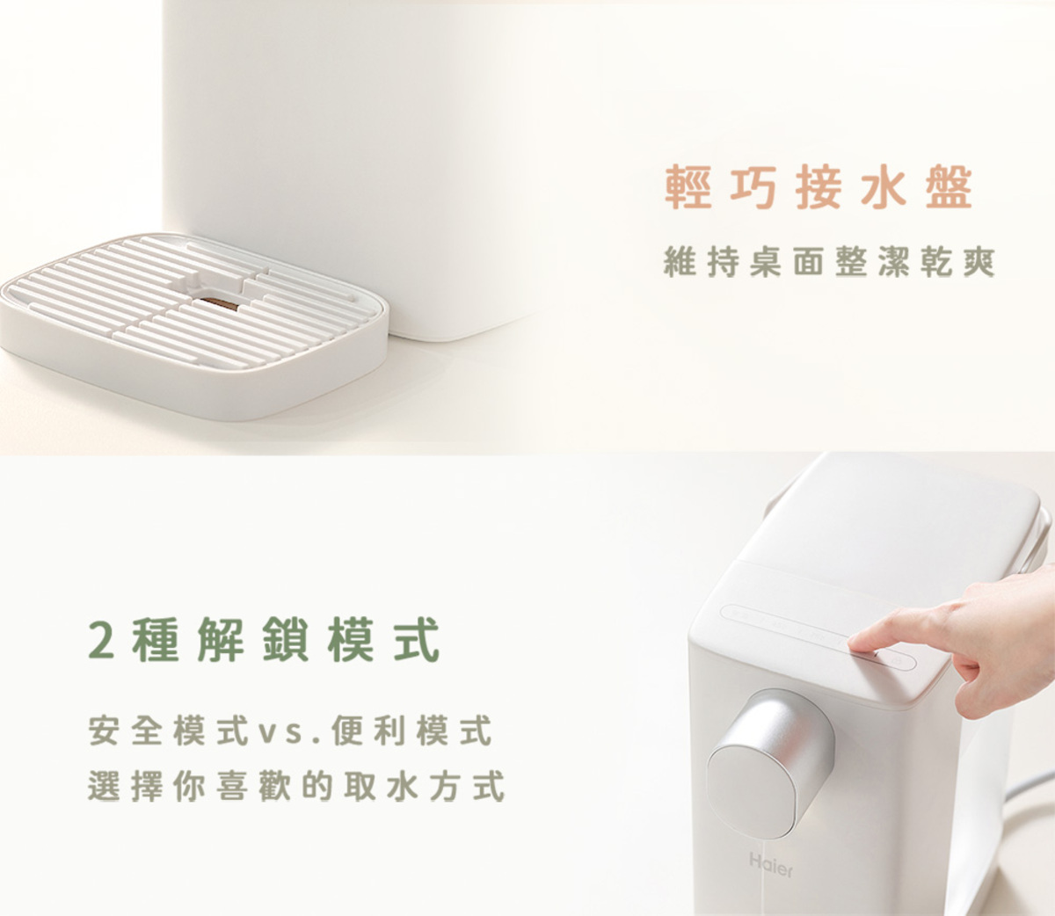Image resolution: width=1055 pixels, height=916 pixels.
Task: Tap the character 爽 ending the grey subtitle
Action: pos(978,261)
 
